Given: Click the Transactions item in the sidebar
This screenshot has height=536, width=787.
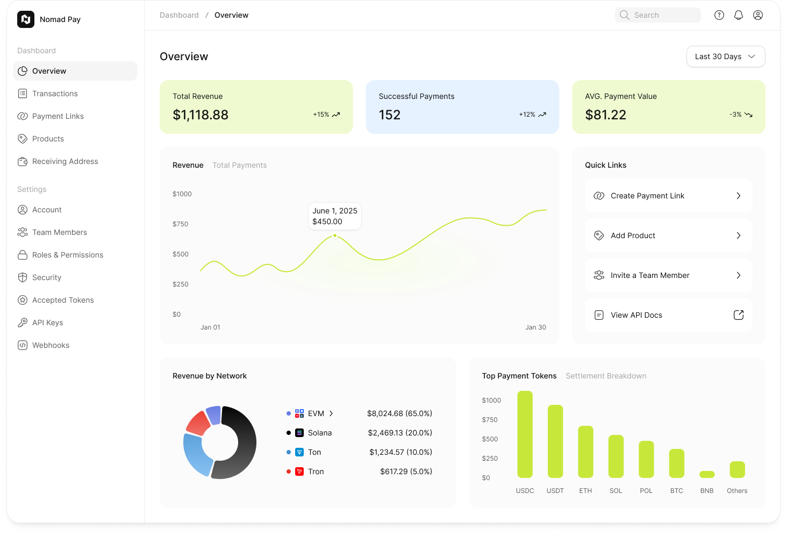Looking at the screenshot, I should pyautogui.click(x=55, y=94).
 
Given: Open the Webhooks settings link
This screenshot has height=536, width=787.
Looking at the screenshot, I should pyautogui.click(x=51, y=345).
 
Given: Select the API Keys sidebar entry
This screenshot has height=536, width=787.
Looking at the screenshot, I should pyautogui.click(x=47, y=323).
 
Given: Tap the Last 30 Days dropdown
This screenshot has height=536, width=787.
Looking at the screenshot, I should pyautogui.click(x=725, y=56).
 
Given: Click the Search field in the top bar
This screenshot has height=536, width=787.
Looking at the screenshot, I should pyautogui.click(x=657, y=15).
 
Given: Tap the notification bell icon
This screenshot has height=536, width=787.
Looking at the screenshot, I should pyautogui.click(x=739, y=15).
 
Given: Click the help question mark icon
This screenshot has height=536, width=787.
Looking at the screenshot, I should pyautogui.click(x=719, y=15).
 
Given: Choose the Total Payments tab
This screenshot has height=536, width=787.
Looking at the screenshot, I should pyautogui.click(x=239, y=165).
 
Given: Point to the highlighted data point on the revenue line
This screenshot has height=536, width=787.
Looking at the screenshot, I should pyautogui.click(x=335, y=235).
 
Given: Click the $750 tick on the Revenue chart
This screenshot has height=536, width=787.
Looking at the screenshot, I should pyautogui.click(x=181, y=224).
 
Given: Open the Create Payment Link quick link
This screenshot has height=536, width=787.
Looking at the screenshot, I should pyautogui.click(x=668, y=196).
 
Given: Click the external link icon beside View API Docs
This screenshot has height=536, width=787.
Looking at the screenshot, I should pyautogui.click(x=739, y=315).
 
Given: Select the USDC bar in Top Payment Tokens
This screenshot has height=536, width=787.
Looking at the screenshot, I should pyautogui.click(x=525, y=434).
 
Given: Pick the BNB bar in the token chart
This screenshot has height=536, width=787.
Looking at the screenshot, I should pyautogui.click(x=707, y=474).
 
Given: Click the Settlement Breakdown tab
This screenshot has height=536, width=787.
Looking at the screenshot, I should pyautogui.click(x=606, y=376).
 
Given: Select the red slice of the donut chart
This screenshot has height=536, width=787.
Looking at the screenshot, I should pyautogui.click(x=197, y=423).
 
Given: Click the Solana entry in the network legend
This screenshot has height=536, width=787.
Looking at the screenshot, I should pyautogui.click(x=319, y=433).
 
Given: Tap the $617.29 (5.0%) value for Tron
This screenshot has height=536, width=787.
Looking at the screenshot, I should pyautogui.click(x=406, y=471).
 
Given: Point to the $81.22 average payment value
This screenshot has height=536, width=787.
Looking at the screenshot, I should pyautogui.click(x=605, y=115).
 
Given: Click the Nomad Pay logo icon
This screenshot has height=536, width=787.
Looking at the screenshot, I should pyautogui.click(x=26, y=19).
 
